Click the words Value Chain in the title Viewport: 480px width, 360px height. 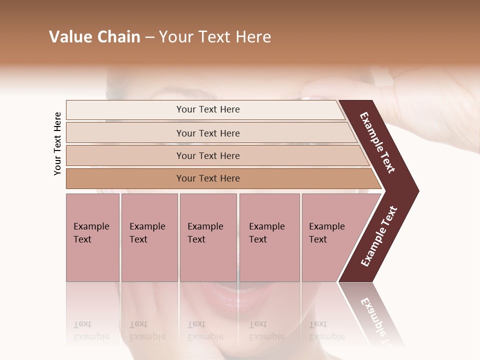(94, 37)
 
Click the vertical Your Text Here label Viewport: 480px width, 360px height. (57, 143)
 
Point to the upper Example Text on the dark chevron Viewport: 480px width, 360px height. (377, 142)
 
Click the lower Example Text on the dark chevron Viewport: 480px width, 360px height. (378, 236)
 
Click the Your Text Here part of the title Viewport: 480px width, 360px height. (215, 37)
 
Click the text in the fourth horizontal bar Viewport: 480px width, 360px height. (208, 178)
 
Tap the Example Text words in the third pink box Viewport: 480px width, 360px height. (205, 233)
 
